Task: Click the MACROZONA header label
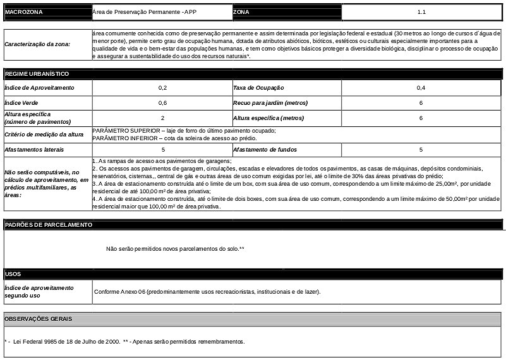23,12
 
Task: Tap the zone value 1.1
421,12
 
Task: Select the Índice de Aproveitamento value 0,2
162,87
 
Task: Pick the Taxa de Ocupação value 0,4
421,87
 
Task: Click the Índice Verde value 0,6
162,102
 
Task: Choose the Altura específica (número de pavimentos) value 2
162,118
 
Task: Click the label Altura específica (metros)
268,118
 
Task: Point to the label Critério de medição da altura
44,134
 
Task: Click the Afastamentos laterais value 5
162,150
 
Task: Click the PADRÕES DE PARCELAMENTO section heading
49,225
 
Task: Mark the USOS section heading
13,275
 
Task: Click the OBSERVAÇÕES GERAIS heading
39,319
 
